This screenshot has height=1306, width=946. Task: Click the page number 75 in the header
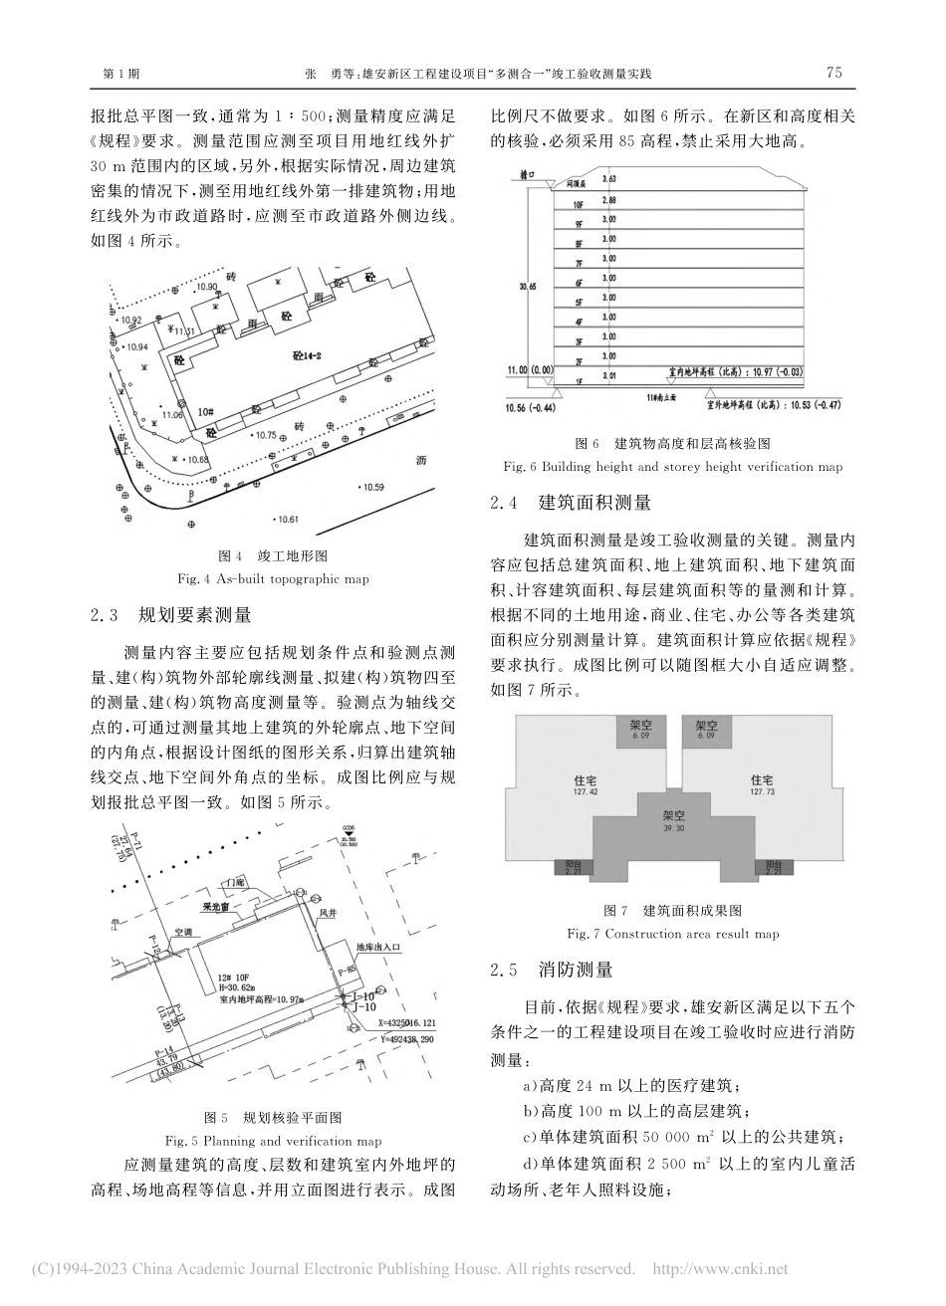tap(833, 73)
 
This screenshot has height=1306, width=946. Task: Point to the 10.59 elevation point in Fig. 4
tap(369, 486)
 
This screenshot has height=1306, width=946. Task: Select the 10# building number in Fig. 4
tap(205, 409)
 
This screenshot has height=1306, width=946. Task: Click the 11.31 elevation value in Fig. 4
tap(183, 330)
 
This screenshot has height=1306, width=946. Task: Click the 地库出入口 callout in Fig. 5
tap(377, 948)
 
